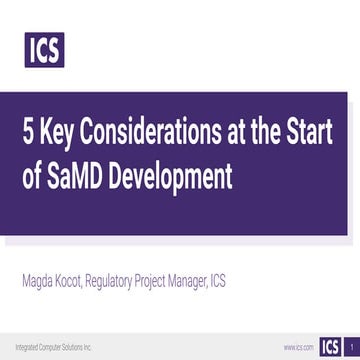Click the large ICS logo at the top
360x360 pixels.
point(44,48)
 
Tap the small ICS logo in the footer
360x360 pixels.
point(329,347)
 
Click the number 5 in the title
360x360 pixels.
point(30,134)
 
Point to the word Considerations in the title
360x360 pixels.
point(155,134)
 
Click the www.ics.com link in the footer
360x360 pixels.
point(297,348)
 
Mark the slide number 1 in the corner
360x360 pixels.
point(351,347)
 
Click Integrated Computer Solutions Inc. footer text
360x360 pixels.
point(49,346)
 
